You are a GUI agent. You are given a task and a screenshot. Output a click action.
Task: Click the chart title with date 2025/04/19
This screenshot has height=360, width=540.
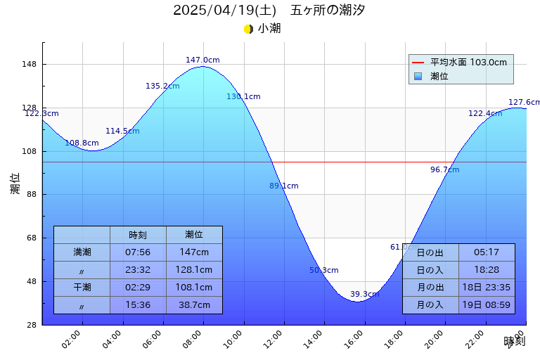269,11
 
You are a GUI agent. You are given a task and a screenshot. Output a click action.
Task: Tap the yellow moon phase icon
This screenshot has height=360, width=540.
248,29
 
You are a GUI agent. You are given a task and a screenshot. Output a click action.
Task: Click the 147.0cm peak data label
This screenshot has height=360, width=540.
202,60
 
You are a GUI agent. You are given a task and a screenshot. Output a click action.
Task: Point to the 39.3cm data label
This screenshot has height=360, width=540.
364,295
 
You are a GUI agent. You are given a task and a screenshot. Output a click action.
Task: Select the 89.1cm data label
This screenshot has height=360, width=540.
283,186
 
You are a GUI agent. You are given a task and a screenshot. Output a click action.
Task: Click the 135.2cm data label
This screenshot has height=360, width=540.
162,86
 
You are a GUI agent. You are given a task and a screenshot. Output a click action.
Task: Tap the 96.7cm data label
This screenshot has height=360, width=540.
444,170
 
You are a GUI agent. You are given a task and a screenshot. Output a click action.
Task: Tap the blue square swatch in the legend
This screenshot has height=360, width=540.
418,76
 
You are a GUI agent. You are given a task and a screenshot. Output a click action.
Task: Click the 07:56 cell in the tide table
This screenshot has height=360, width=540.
138,252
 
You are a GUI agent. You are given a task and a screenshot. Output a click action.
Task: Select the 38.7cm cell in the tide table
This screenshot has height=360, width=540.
194,305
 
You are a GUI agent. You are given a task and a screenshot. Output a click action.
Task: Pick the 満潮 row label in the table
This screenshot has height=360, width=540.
82,252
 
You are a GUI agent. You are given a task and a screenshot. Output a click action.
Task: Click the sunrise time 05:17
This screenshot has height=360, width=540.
487,252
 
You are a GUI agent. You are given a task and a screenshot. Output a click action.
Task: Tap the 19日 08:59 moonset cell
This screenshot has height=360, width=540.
487,305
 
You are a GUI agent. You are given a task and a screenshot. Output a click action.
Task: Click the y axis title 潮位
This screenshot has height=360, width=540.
15,184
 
